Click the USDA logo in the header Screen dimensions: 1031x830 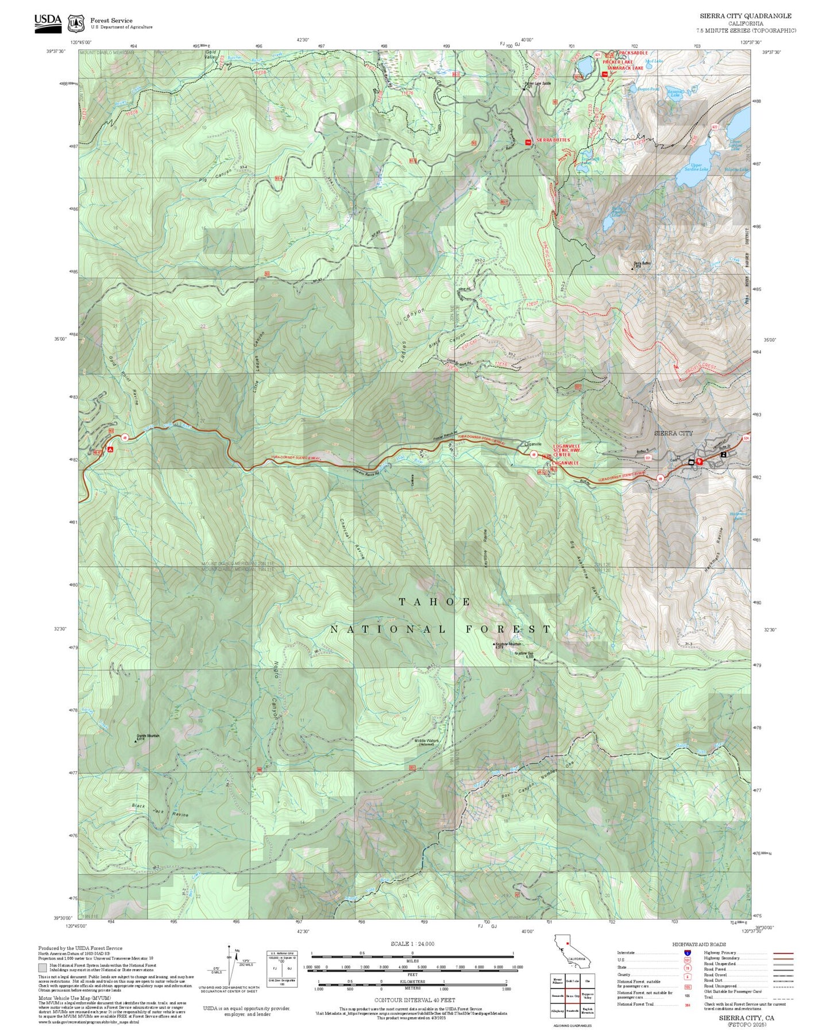[x=48, y=21]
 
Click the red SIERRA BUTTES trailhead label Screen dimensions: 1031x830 [x=553, y=140]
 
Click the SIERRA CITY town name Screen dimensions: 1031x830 [x=673, y=433]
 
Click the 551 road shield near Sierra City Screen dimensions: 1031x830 [x=647, y=458]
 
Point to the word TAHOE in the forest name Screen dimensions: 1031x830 [x=435, y=602]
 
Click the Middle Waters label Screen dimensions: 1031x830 [x=427, y=741]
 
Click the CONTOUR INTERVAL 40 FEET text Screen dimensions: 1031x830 [x=414, y=1000]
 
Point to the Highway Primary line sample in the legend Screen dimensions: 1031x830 [x=783, y=953]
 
